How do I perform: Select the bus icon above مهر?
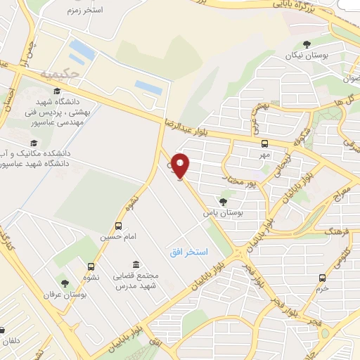264,143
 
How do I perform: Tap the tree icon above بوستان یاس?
223,201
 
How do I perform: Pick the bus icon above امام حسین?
117,226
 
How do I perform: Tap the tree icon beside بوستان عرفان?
65,283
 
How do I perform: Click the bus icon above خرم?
322,277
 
